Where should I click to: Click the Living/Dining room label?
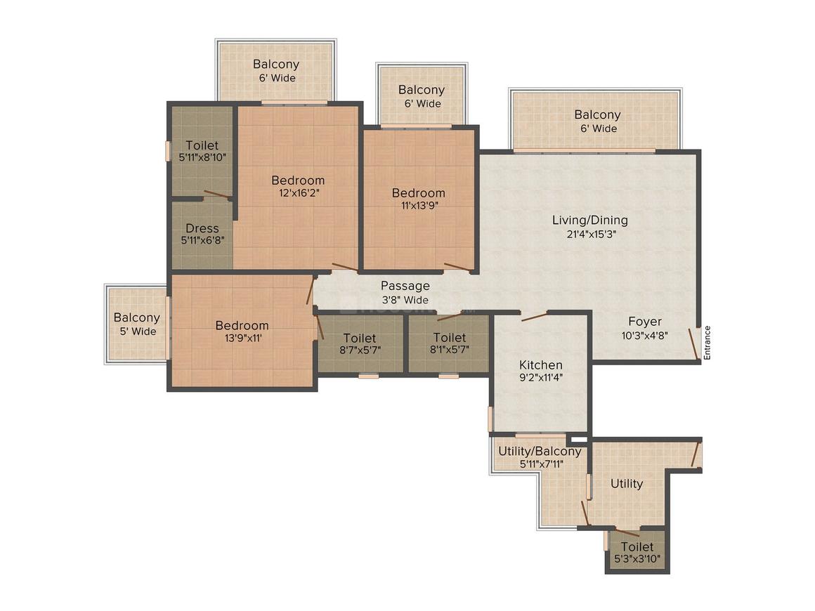589,221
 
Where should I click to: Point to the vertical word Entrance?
708,343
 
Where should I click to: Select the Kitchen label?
540,365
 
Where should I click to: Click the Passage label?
405,286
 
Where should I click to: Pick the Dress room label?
202,229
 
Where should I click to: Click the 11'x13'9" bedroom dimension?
419,206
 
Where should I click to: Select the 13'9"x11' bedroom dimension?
242,338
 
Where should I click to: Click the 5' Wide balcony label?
137,331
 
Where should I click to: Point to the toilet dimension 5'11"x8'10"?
202,158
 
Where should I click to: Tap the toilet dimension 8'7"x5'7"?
360,350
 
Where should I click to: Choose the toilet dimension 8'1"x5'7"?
450,350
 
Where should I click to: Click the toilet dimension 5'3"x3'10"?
637,559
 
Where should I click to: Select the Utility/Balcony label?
539,451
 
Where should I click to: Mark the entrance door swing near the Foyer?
693,343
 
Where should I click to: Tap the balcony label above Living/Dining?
597,115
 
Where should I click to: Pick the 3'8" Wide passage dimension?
405,300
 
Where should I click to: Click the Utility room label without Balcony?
627,484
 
